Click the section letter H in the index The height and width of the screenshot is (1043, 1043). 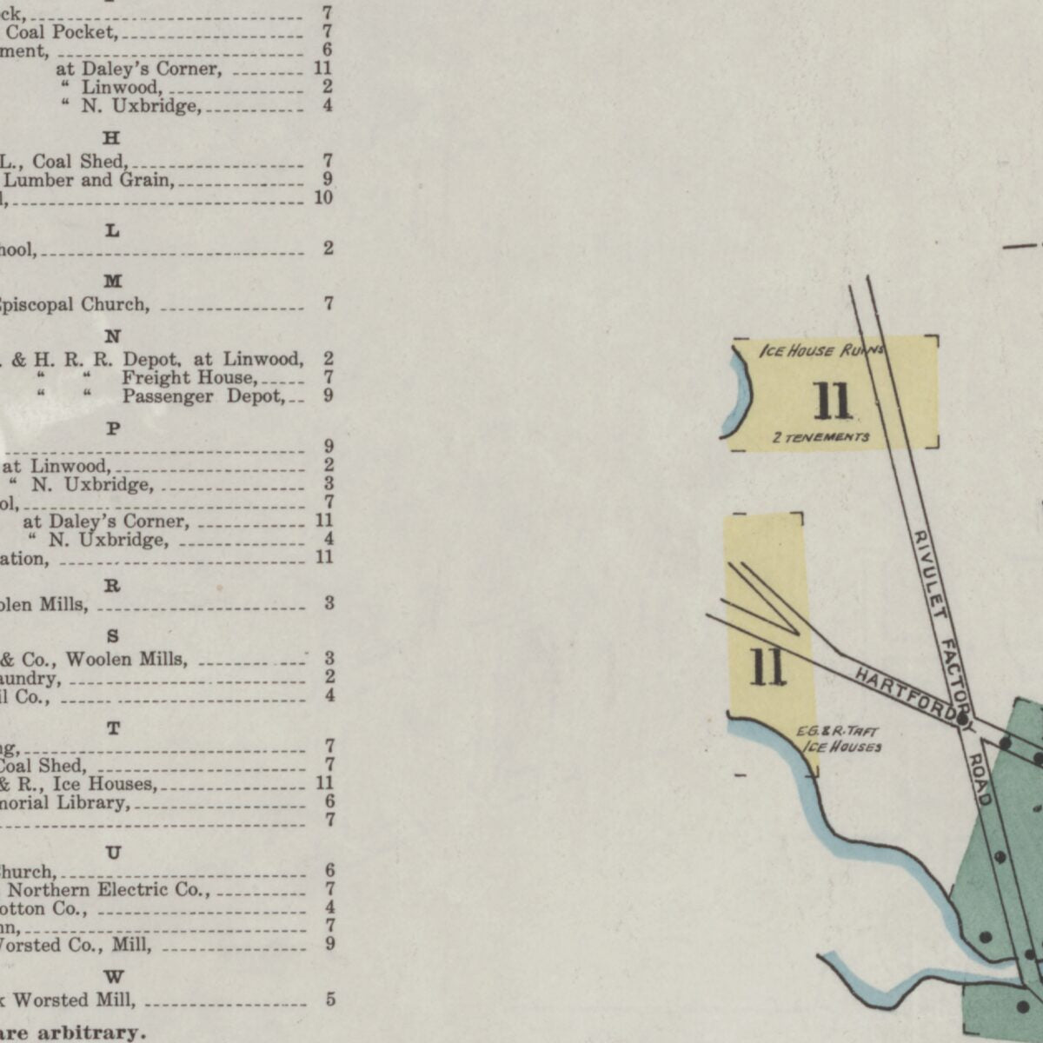tap(112, 138)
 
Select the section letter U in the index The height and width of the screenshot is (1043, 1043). tap(113, 853)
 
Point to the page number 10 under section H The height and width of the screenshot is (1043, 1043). tap(323, 198)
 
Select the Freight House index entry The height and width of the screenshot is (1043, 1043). tap(189, 378)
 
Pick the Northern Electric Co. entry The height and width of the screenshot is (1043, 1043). tap(108, 890)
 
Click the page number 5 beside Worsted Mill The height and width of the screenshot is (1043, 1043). tap(330, 1000)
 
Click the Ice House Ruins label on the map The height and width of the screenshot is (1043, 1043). tap(821, 351)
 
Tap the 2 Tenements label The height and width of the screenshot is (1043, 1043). tap(820, 437)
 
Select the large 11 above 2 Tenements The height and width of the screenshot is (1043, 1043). tap(832, 401)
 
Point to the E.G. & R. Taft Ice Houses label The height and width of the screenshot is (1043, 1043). tap(840, 739)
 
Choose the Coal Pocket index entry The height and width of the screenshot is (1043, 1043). tap(61, 32)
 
